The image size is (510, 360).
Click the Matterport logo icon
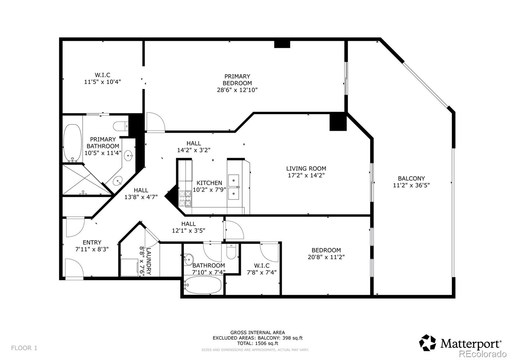pyautogui.click(x=427, y=343)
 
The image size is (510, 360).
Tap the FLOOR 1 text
pyautogui.click(x=24, y=348)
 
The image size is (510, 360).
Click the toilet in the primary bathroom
pyautogui.click(x=120, y=126)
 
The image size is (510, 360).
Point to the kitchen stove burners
pyautogui.click(x=185, y=198)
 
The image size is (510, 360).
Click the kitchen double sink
pyautogui.click(x=234, y=186)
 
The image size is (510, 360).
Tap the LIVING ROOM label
pyautogui.click(x=306, y=169)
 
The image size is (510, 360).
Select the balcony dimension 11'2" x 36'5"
pyautogui.click(x=411, y=185)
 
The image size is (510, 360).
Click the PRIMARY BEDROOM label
pyautogui.click(x=237, y=80)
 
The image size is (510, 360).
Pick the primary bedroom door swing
pyautogui.click(x=155, y=122)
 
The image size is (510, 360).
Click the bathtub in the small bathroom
pyautogui.click(x=203, y=284)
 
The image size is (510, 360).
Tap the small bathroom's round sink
pyautogui.click(x=188, y=257)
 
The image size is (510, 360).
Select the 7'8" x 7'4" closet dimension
pyautogui.click(x=261, y=272)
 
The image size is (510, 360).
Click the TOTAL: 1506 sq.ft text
pyautogui.click(x=258, y=343)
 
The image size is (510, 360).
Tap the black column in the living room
pyautogui.click(x=338, y=122)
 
